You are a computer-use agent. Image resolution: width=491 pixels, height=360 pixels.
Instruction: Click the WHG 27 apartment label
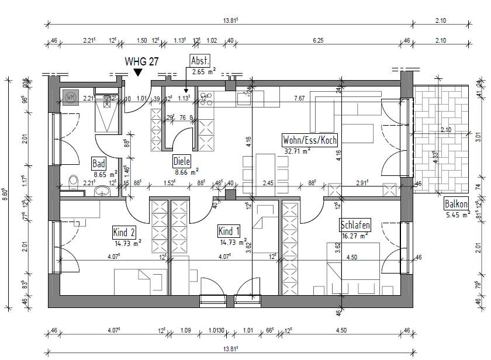(140, 61)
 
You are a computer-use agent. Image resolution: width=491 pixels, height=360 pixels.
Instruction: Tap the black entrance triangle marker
(137, 72)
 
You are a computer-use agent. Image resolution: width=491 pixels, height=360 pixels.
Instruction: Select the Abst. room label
(200, 60)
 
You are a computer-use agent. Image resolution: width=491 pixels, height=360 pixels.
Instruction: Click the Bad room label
(99, 164)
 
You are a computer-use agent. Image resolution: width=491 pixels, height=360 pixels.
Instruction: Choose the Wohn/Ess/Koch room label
(310, 140)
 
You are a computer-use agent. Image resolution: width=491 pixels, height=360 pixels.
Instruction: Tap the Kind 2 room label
(125, 233)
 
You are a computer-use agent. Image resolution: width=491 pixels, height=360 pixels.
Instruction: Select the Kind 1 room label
(229, 231)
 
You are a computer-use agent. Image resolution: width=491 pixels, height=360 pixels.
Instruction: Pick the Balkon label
(456, 205)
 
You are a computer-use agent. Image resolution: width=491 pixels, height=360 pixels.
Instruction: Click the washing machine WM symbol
(71, 96)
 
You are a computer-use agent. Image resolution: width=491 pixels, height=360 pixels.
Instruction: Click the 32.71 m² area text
(296, 151)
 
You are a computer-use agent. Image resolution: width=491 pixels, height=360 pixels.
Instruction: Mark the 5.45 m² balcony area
(458, 215)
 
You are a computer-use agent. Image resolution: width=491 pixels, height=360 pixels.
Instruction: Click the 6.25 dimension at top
(318, 40)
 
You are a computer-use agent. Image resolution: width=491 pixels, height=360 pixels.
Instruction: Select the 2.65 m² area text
(203, 71)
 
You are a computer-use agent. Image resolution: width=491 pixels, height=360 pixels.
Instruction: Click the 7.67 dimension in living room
(299, 98)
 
